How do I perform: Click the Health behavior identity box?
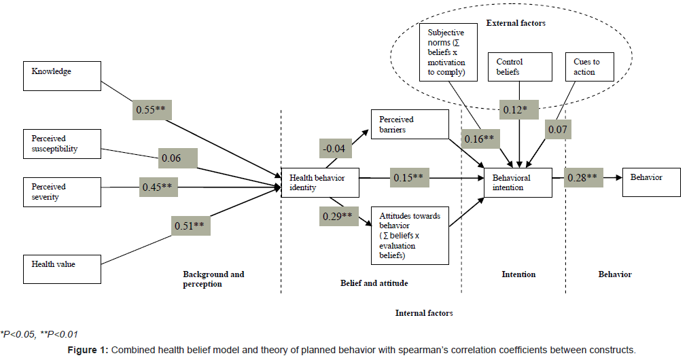coord(320,183)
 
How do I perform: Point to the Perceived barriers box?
coord(409,125)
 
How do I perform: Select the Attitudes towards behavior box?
coord(409,235)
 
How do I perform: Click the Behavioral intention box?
coord(518,183)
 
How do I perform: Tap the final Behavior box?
coord(651,182)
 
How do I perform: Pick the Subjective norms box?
coord(447,53)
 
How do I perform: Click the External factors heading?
coord(516,23)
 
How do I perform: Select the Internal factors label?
coord(424,313)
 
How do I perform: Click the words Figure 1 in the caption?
coord(88,350)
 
